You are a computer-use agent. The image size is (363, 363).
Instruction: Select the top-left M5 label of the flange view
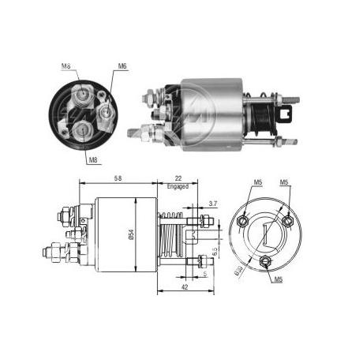click(x=258, y=186)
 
